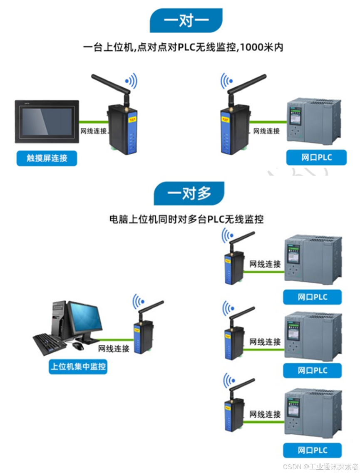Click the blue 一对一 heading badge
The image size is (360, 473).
point(186,21)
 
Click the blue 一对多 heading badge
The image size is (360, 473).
point(189,193)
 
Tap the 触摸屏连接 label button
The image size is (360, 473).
point(47,158)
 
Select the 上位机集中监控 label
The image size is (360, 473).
point(78,367)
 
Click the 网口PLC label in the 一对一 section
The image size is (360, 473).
point(316,158)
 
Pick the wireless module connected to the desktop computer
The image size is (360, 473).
point(142,337)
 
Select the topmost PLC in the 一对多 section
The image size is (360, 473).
point(313,260)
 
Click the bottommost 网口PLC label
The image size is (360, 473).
point(312,450)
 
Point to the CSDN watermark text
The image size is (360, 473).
point(320,466)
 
